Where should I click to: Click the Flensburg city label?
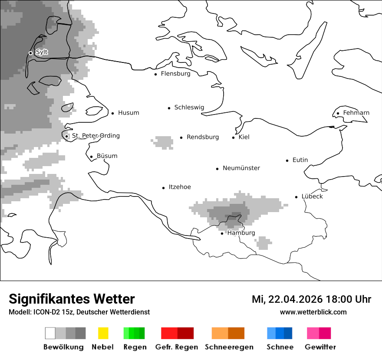coord(175,74)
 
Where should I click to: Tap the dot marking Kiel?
coord(234,137)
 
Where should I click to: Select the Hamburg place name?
coord(241,233)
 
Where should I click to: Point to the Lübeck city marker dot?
coord(296,197)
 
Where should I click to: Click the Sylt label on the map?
coord(42,52)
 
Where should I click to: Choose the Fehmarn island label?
coord(356,113)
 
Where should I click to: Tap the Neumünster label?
coord(241,168)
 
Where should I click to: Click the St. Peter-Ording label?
coord(95,136)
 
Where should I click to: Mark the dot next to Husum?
coord(112,113)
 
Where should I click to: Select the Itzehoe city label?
coord(180,187)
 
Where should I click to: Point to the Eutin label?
coord(300,160)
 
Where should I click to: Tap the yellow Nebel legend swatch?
coord(103,333)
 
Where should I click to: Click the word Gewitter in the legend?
coord(320,347)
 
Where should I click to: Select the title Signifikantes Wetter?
coord(72,299)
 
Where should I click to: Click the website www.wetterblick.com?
coord(313,312)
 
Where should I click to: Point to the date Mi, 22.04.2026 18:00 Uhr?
coord(311,299)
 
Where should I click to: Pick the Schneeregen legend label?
coord(229,347)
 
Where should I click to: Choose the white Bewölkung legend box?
coord(50,333)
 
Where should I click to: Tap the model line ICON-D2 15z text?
coord(79,312)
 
